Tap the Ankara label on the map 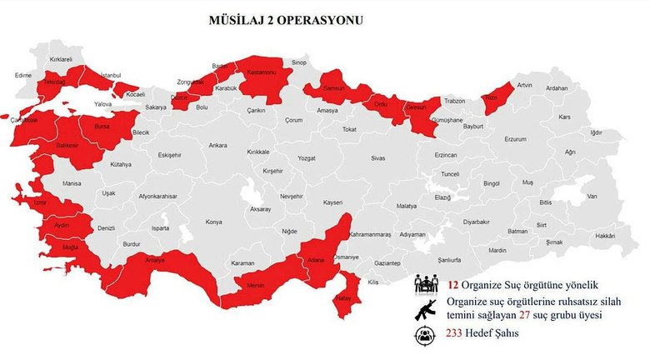[218, 145]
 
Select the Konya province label [214, 222]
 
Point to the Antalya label [155, 260]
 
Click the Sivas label [379, 157]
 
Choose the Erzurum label [517, 139]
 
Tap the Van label [592, 197]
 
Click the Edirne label [23, 75]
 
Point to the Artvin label [524, 85]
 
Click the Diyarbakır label [477, 222]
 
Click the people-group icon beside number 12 [426, 283]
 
